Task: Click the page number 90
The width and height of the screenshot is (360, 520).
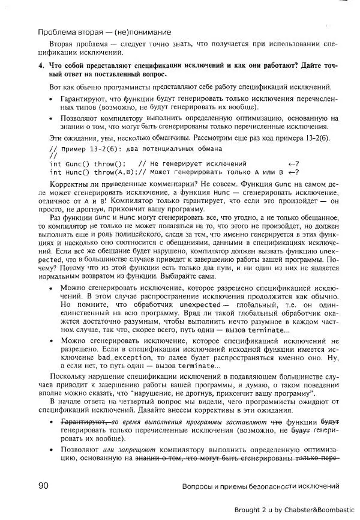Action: (43, 485)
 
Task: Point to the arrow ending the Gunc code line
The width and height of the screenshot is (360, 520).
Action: (293, 163)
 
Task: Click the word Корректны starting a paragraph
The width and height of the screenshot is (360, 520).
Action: (67, 183)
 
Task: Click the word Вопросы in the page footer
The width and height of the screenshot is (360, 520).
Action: (198, 486)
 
